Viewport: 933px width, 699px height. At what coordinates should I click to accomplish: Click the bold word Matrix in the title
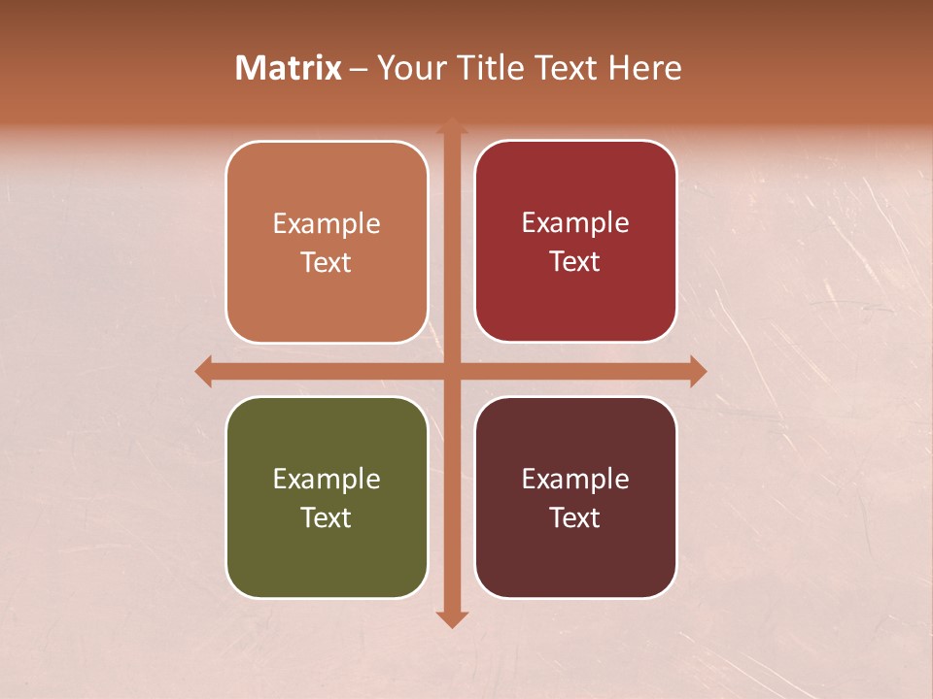coord(289,68)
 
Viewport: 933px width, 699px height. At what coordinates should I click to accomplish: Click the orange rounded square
coord(327,242)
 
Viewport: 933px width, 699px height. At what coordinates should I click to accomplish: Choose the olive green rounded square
coord(327,497)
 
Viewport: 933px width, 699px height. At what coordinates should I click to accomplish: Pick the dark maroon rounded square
coord(575,497)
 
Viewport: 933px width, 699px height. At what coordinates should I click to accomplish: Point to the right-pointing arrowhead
coord(698,371)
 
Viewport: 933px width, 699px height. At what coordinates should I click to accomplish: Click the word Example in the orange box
coord(327,224)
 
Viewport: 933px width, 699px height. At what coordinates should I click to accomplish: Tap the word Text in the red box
coord(575,261)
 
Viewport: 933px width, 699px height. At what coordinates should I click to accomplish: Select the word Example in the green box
coord(327,480)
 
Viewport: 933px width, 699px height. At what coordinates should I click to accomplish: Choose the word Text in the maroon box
coord(575,517)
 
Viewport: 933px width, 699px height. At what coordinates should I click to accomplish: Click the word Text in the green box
coord(327,517)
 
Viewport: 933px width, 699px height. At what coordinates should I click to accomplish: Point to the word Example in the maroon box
coord(575,480)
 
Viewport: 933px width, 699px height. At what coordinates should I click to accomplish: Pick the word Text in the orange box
coord(327,262)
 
